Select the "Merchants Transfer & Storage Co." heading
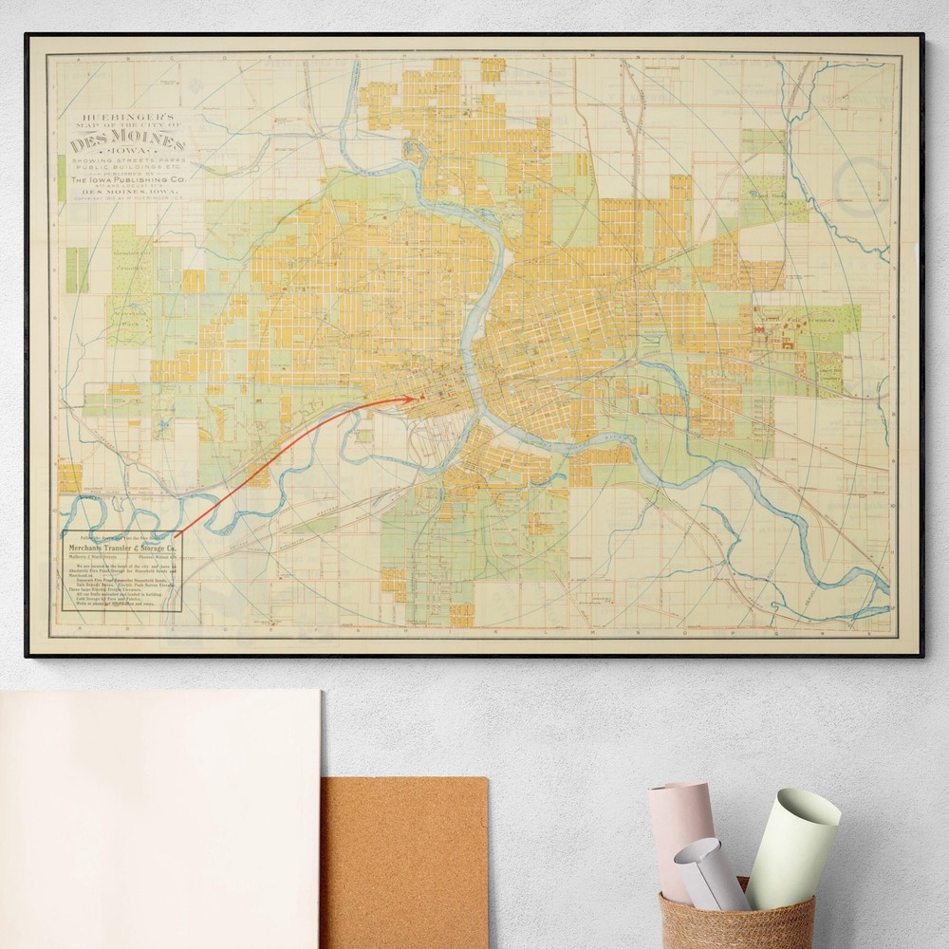(121, 550)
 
